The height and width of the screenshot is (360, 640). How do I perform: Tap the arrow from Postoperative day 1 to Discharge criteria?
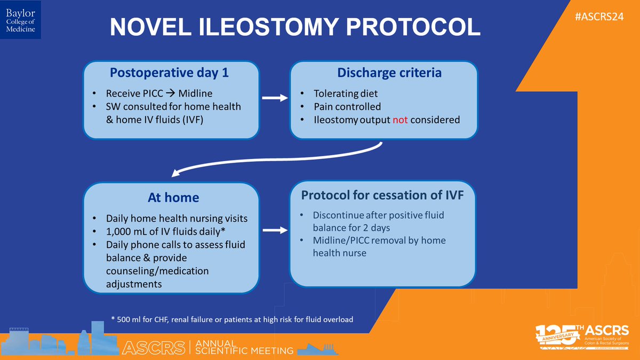tap(274, 99)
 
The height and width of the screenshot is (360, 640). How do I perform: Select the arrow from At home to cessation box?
tap(274, 231)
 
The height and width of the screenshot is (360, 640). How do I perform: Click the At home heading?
tap(173, 197)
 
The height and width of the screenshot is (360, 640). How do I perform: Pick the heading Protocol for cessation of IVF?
tap(382, 195)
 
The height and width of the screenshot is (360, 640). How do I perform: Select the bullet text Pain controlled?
tap(347, 107)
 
